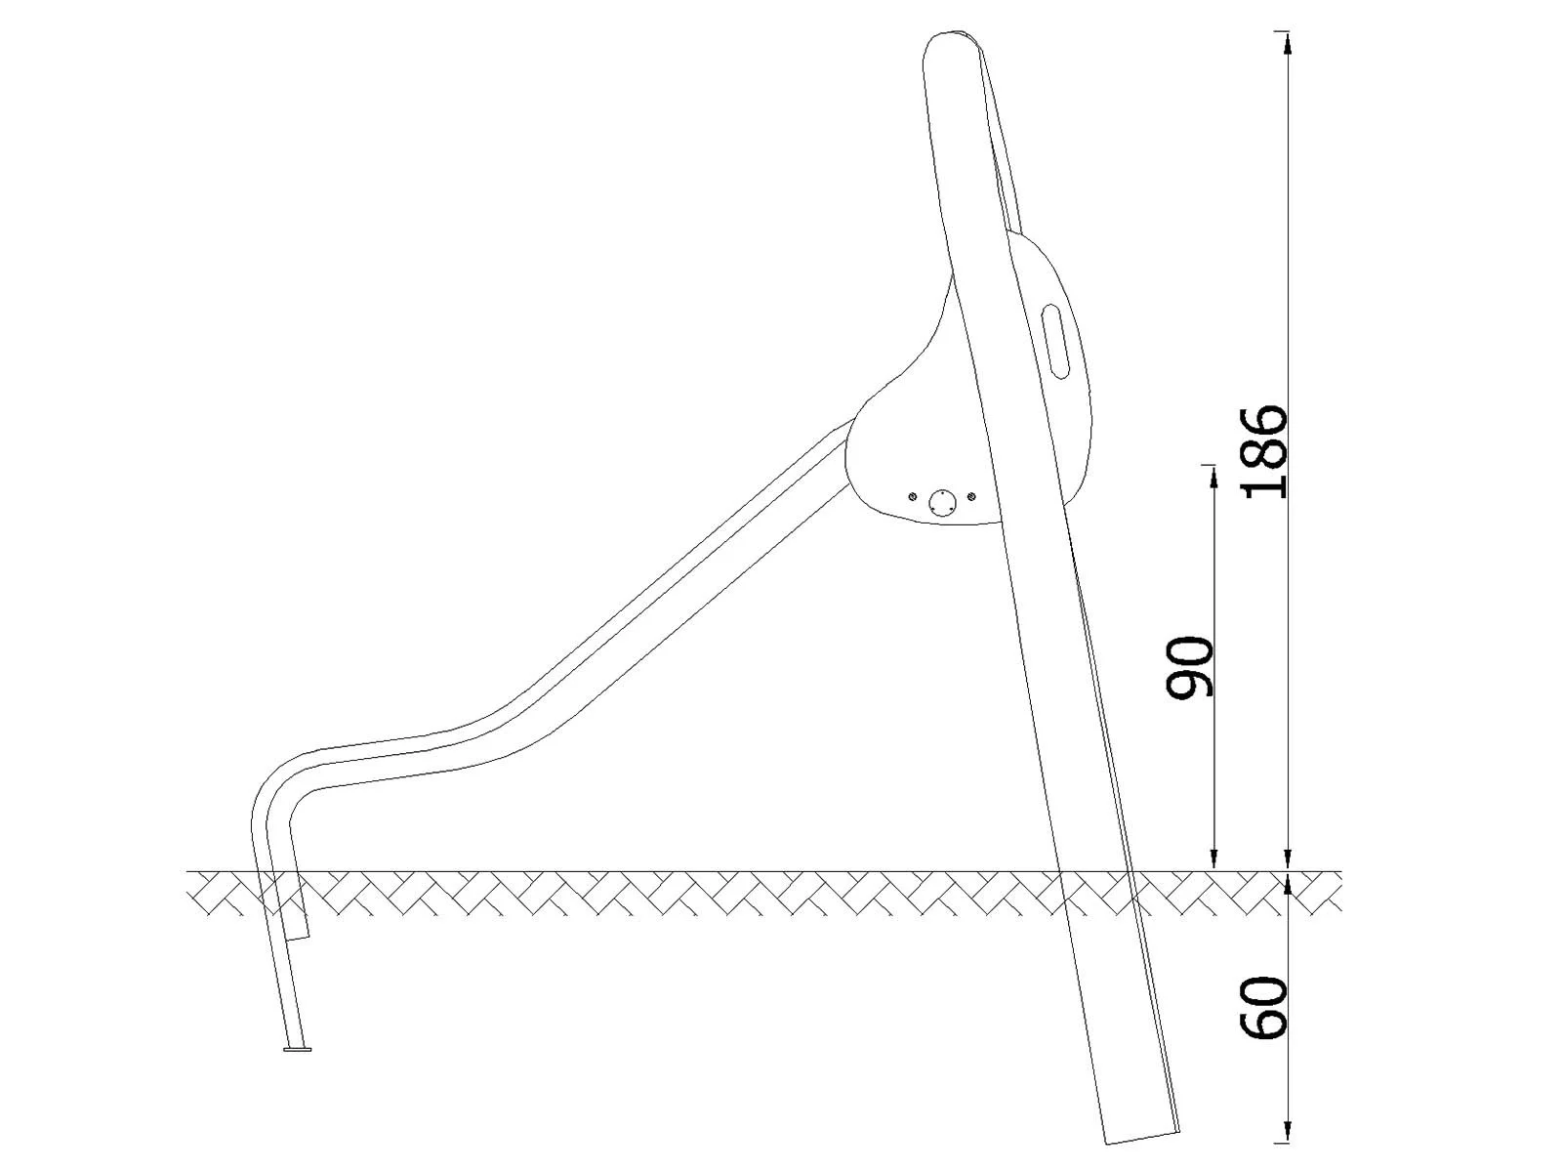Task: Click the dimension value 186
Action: [x=1266, y=451]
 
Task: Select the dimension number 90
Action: [x=1190, y=667]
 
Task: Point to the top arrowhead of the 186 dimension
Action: [x=1289, y=43]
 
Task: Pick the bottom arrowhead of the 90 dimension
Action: [x=1213, y=859]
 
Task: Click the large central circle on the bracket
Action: [x=941, y=503]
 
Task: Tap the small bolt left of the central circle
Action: [x=912, y=496]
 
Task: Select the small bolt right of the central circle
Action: [x=970, y=496]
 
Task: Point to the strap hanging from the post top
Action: [x=1001, y=146]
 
